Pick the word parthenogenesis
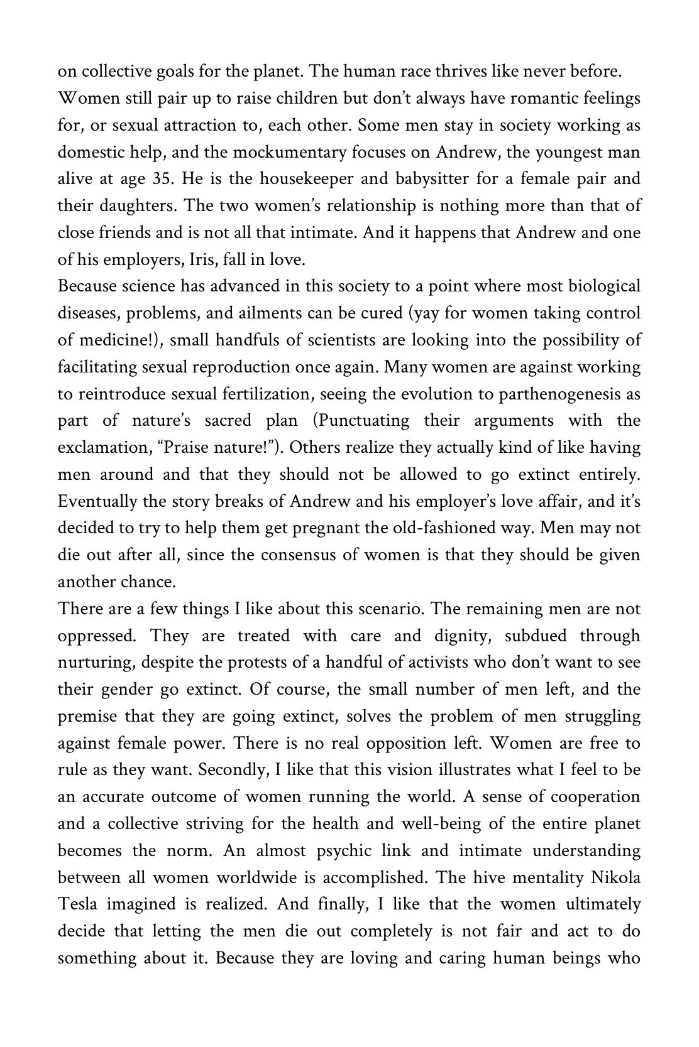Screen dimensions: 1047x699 [564, 394]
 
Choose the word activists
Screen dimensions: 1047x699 [439, 663]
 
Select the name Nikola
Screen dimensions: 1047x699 [615, 878]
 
